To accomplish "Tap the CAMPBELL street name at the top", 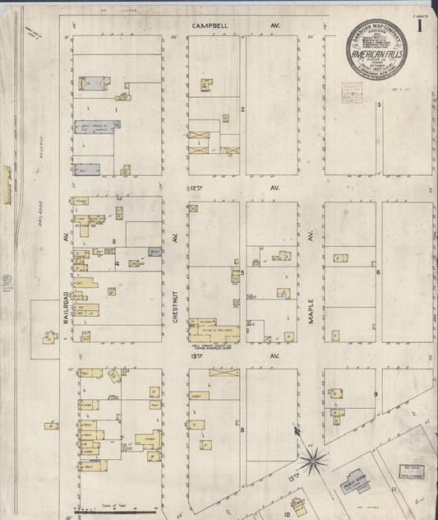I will pyautogui.click(x=210, y=26).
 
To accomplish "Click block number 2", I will pyautogui.click(x=242, y=109).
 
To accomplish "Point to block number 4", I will pyautogui.click(x=118, y=263).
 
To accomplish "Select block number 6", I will pyautogui.click(x=377, y=272).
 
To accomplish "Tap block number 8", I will pyautogui.click(x=242, y=429).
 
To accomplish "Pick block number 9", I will pyautogui.click(x=376, y=395).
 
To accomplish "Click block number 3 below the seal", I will pyautogui.click(x=379, y=104).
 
